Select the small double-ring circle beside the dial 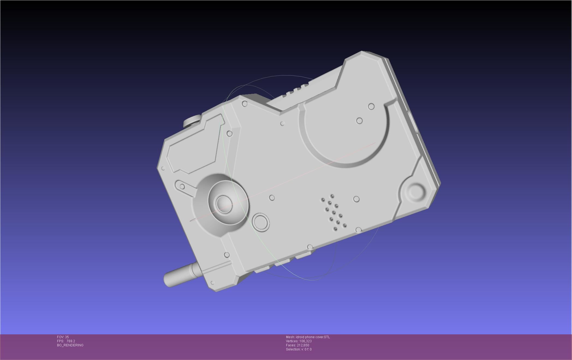(x=261, y=222)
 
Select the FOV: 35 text (x=63, y=337)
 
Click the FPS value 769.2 (x=71, y=341)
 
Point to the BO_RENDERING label (x=70, y=345)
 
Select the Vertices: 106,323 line (x=299, y=341)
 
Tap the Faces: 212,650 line (x=297, y=345)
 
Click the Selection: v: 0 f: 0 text (x=299, y=349)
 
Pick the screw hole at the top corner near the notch (x=245, y=104)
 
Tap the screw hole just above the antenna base (x=227, y=255)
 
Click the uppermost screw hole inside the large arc (x=371, y=106)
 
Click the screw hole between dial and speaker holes (x=272, y=198)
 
